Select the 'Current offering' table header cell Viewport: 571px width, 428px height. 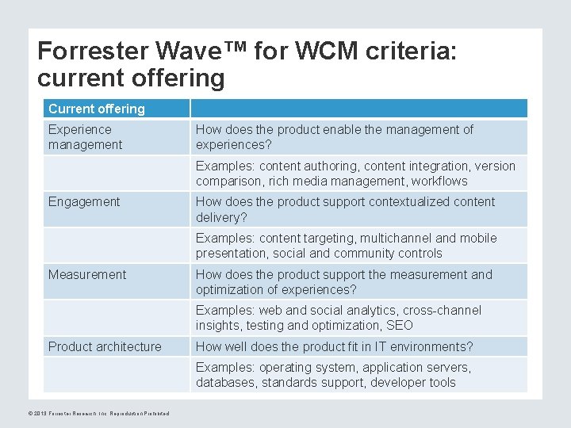tap(97, 109)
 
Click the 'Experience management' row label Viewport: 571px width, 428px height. tap(86, 137)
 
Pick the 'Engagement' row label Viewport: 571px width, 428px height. tap(84, 202)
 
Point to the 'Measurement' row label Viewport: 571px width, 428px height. tap(87, 274)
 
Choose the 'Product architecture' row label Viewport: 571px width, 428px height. tap(105, 346)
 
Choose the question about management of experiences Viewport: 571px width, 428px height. tap(334, 137)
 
